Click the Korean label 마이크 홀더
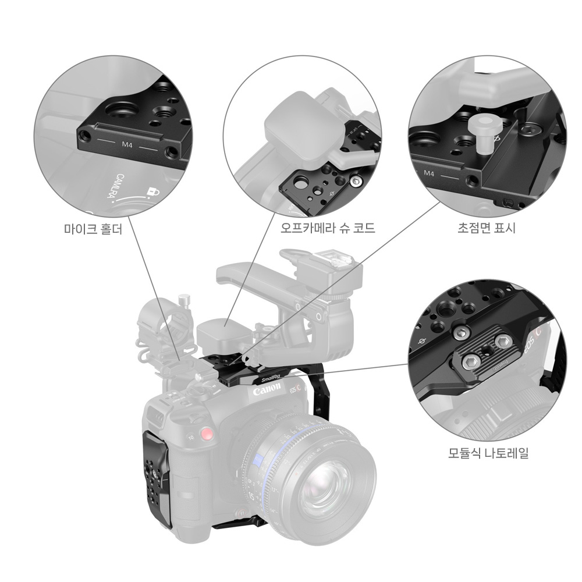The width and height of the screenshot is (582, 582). tap(93, 229)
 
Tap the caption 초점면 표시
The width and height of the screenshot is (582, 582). tap(487, 229)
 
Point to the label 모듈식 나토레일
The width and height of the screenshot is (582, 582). tap(488, 453)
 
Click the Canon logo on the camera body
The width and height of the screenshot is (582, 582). tap(267, 392)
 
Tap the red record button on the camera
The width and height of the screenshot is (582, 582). tap(205, 434)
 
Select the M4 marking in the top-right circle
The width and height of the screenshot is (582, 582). tap(429, 173)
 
